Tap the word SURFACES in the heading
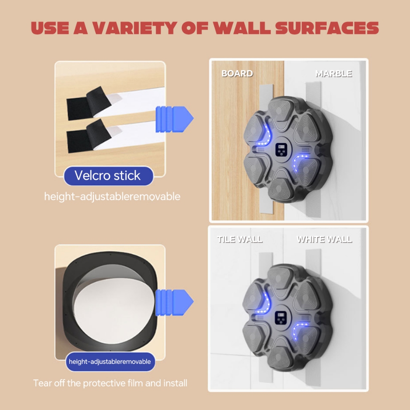[x=327, y=28]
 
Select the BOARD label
[x=237, y=74]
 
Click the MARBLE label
[x=334, y=74]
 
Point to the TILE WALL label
[x=240, y=239]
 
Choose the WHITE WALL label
[x=324, y=239]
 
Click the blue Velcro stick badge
[x=108, y=176]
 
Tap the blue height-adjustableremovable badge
[x=110, y=362]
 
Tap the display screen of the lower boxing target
[x=281, y=318]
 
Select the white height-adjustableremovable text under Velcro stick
[x=112, y=197]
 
